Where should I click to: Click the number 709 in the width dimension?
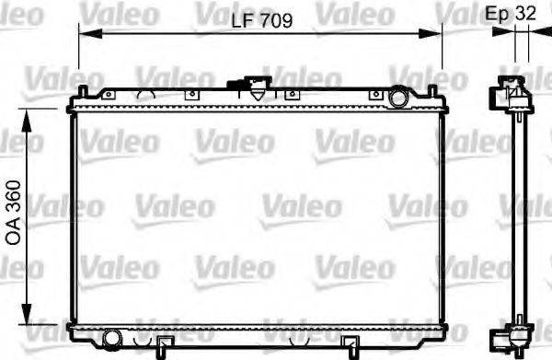pyautogui.click(x=275, y=20)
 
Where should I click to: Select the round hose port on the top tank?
pyautogui.click(x=398, y=96)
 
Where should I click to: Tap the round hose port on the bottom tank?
pyautogui.click(x=113, y=336)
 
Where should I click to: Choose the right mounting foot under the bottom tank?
pyautogui.click(x=351, y=345)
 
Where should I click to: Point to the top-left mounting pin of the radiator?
pyautogui.click(x=83, y=91)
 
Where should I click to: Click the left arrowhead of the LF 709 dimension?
pyautogui.click(x=83, y=34)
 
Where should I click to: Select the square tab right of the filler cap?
pyautogui.click(x=291, y=93)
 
